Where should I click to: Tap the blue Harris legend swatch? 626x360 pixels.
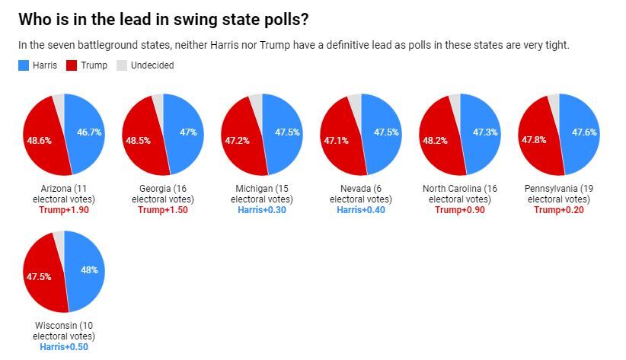23,65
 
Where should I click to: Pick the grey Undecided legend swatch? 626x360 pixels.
121,65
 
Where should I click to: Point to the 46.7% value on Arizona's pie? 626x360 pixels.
88,132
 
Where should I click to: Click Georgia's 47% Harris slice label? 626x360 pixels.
187,132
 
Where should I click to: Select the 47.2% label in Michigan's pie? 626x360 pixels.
237,141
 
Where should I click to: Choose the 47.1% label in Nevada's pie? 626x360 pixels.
336,141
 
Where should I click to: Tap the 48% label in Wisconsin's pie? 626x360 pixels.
88,270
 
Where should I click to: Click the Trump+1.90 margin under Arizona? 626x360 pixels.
64,210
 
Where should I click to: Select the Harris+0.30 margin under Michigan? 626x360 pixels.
262,210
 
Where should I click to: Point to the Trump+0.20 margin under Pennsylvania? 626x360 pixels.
559,210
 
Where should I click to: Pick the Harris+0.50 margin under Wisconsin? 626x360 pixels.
64,347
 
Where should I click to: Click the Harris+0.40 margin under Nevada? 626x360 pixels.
361,210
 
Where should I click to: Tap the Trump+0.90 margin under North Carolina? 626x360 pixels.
460,210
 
